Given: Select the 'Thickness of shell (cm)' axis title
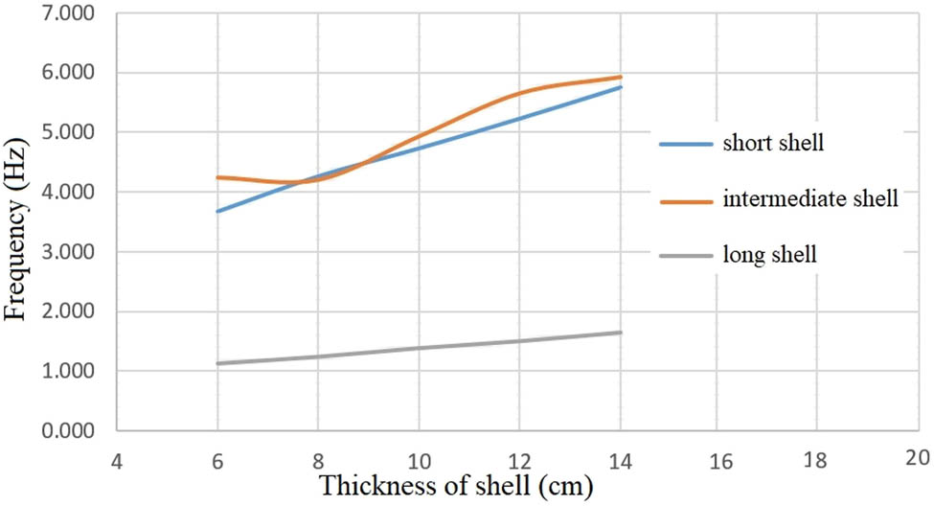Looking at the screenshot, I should [x=457, y=485].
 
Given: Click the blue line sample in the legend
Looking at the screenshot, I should [x=686, y=145].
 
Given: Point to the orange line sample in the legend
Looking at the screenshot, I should [x=686, y=200].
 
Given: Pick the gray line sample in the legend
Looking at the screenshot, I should [x=686, y=256].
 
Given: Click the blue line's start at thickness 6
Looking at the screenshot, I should [x=217, y=211].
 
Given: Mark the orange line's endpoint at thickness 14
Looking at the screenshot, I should [x=621, y=77].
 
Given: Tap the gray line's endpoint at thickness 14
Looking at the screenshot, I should [x=621, y=333].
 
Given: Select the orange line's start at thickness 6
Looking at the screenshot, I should [x=217, y=177].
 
